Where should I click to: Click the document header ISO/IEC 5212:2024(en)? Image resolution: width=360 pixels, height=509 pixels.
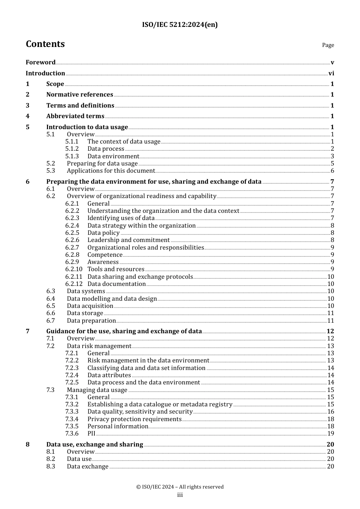pyautogui.click(x=180, y=25)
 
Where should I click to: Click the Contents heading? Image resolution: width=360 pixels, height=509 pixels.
pyautogui.click(x=45, y=44)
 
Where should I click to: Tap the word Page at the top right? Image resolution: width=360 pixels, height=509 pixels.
pyautogui.click(x=328, y=45)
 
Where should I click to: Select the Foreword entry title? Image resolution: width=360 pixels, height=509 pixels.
pyautogui.click(x=41, y=62)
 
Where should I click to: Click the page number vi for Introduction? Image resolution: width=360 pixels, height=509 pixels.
pyautogui.click(x=331, y=73)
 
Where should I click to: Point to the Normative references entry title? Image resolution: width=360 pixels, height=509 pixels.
pyautogui.click(x=80, y=94)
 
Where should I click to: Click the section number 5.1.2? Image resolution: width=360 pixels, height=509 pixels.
pyautogui.click(x=72, y=149)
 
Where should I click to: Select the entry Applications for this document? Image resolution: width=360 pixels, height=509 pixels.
pyautogui.click(x=111, y=171)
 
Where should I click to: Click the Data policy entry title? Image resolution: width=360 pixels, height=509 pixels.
pyautogui.click(x=103, y=233)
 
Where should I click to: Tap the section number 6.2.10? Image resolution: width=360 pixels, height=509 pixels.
pyautogui.click(x=74, y=269)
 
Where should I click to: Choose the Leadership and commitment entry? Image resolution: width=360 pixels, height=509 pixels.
pyautogui.click(x=128, y=240)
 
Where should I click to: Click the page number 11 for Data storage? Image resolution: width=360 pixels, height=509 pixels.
pyautogui.click(x=330, y=313)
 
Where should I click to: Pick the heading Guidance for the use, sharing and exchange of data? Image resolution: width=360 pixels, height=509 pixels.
pyautogui.click(x=124, y=331)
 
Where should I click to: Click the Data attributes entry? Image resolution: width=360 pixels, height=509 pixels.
pyautogui.click(x=109, y=375)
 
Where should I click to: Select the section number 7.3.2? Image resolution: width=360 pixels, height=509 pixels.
pyautogui.click(x=72, y=404)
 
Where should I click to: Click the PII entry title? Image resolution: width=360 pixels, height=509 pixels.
pyautogui.click(x=91, y=434)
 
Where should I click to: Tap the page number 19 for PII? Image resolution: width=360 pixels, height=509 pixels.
pyautogui.click(x=330, y=434)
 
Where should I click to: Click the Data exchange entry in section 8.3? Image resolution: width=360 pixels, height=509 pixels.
pyautogui.click(x=88, y=467)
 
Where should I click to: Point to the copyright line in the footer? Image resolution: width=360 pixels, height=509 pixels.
pyautogui.click(x=180, y=487)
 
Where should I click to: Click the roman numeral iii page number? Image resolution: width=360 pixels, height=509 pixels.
pyautogui.click(x=180, y=495)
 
